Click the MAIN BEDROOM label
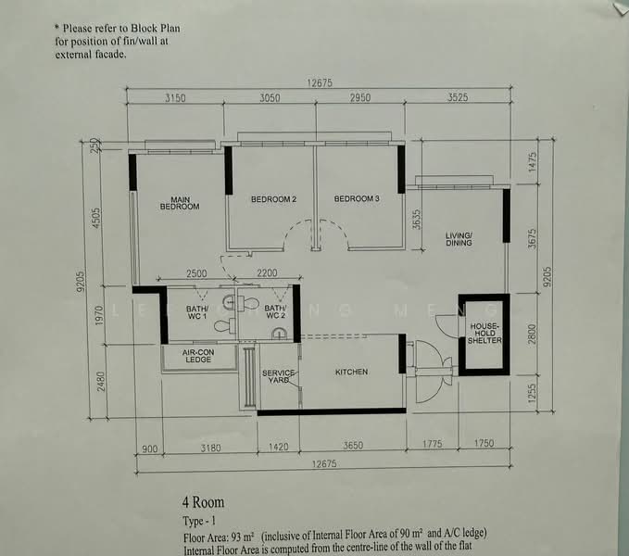[180, 203]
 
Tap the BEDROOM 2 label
[273, 199]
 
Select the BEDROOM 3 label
[357, 198]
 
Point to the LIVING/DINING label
[459, 239]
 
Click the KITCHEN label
[351, 372]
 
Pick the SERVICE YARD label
[279, 376]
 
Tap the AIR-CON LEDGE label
[198, 356]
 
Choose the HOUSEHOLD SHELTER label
[484, 334]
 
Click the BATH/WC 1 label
[197, 312]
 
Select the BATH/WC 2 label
[275, 311]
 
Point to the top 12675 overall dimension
[320, 82]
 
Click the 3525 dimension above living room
[458, 97]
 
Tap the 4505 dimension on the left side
[96, 218]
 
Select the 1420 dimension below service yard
[279, 447]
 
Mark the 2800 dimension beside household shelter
[532, 334]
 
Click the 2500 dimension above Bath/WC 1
[196, 273]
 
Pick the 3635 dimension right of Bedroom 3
[417, 219]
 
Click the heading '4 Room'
[204, 502]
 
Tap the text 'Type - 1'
[199, 521]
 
